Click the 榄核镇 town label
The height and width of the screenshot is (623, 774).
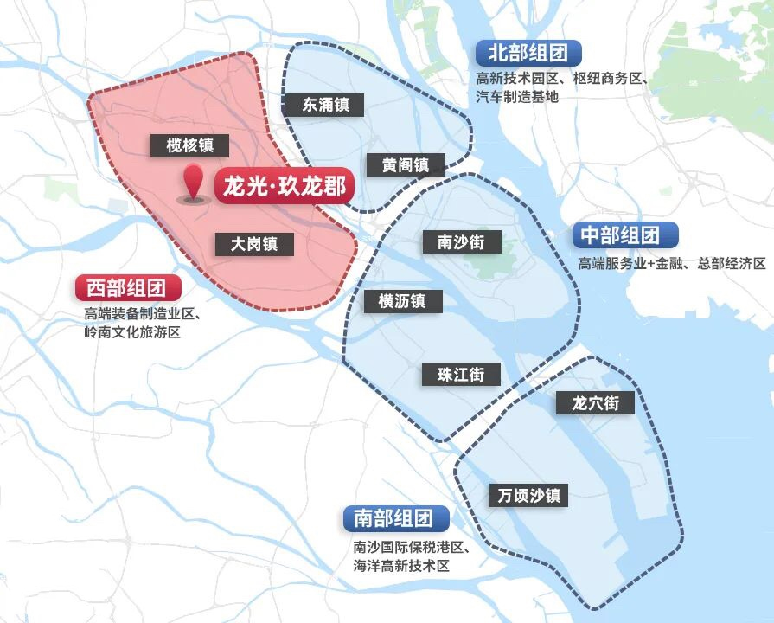(189, 145)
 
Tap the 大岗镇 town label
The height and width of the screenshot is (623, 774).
(254, 244)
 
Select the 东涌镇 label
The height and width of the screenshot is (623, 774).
(326, 105)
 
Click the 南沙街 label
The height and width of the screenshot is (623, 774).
(461, 241)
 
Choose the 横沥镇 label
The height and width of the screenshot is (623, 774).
(402, 301)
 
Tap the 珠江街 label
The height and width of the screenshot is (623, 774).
(461, 375)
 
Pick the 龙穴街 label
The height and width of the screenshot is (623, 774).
(596, 402)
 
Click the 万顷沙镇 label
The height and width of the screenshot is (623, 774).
(529, 495)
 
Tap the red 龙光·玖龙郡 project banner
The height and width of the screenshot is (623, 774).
(284, 186)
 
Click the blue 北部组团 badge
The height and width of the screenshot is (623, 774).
(528, 54)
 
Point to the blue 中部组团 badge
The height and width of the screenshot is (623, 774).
(624, 235)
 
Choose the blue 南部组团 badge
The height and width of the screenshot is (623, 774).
(394, 518)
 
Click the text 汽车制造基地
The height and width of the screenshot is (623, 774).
(517, 96)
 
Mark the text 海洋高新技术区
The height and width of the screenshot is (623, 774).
(402, 566)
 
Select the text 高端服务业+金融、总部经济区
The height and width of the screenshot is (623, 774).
(672, 263)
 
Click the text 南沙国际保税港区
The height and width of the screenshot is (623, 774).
(411, 548)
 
